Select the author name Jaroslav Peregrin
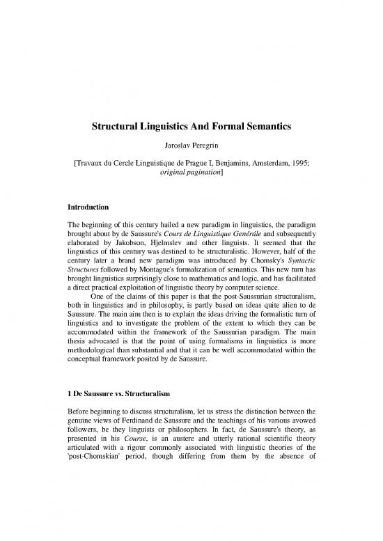tap(191, 147)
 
